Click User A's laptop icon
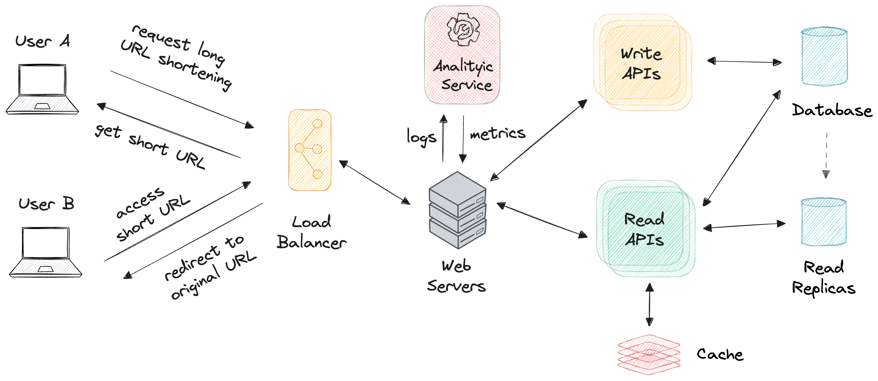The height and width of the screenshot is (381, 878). click(x=42, y=89)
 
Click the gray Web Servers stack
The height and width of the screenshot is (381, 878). click(x=457, y=210)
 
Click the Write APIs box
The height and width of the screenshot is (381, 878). click(x=642, y=63)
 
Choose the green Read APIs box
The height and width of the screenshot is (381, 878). click(x=645, y=229)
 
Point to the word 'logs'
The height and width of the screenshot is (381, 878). click(x=421, y=137)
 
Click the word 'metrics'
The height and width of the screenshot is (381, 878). click(x=498, y=133)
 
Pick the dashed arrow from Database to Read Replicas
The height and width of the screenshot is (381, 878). click(x=826, y=155)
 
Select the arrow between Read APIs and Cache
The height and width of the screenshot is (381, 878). click(x=650, y=304)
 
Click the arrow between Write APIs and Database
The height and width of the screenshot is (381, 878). click(x=744, y=62)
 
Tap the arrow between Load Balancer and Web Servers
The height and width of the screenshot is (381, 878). click(x=375, y=183)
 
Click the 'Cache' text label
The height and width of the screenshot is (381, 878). click(x=720, y=354)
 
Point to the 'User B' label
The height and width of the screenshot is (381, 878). click(x=46, y=204)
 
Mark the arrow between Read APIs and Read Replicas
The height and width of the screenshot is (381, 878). click(x=744, y=226)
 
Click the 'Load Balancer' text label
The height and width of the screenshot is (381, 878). click(x=311, y=232)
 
